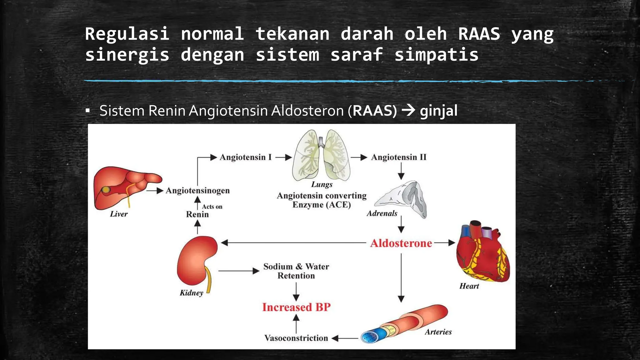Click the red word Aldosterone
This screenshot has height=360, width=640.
[401, 243]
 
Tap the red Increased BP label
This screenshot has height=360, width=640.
[296, 307]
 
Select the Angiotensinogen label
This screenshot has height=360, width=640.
[197, 190]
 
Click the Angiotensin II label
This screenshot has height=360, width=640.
[398, 157]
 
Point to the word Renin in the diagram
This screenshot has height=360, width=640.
[197, 214]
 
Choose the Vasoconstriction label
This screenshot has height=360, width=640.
[296, 338]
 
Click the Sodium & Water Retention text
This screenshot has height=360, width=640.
[296, 271]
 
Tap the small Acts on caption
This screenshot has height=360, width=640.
[212, 207]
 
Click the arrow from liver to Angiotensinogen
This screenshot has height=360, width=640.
[155, 190]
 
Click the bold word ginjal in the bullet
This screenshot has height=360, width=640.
[438, 111]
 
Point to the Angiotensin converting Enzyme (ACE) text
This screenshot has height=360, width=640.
[322, 200]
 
